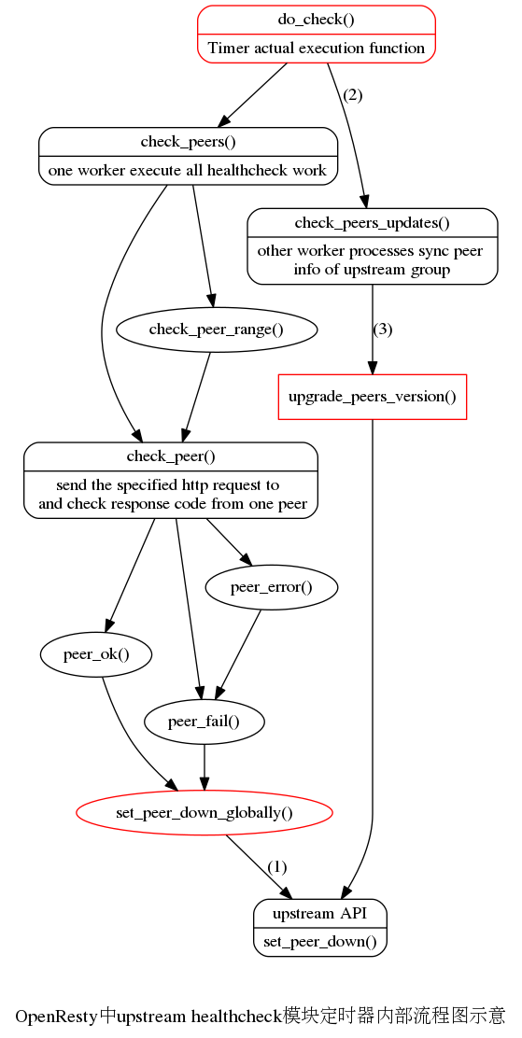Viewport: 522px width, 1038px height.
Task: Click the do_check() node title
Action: pyautogui.click(x=316, y=20)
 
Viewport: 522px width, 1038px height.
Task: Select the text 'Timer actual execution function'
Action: pyautogui.click(x=316, y=49)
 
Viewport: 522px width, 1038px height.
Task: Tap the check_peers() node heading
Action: pyautogui.click(x=188, y=142)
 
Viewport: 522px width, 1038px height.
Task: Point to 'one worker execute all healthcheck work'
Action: pyautogui.click(x=188, y=171)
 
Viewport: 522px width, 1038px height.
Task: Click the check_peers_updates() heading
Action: pyautogui.click(x=373, y=223)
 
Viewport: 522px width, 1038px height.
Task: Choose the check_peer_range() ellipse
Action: pyautogui.click(x=217, y=329)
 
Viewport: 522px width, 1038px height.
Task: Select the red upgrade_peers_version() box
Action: pyautogui.click(x=373, y=398)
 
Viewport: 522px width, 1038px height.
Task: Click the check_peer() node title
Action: pyautogui.click(x=171, y=456)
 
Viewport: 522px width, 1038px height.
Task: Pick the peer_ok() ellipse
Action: pyautogui.click(x=96, y=654)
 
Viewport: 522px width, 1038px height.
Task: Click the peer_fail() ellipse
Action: pyautogui.click(x=204, y=722)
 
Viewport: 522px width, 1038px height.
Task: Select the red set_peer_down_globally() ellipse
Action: pyautogui.click(x=204, y=812)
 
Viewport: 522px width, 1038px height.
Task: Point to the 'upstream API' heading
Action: pyautogui.click(x=320, y=914)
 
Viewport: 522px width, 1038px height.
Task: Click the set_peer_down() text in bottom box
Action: pyautogui.click(x=320, y=943)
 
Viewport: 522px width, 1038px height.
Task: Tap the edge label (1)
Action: pyautogui.click(x=277, y=866)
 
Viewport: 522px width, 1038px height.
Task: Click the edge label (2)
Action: pyautogui.click(x=352, y=94)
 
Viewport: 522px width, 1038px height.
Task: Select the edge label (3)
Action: pyautogui.click(x=383, y=329)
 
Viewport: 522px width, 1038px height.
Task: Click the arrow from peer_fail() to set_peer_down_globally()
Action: pyautogui.click(x=204, y=767)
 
